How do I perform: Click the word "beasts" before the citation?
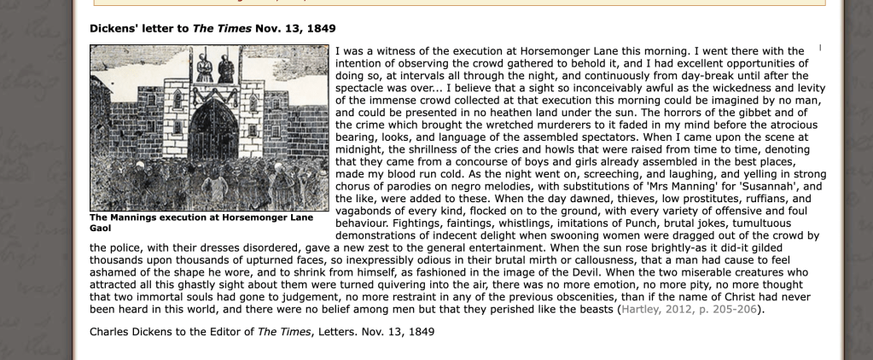click(x=591, y=309)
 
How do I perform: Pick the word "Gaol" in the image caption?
click(x=102, y=229)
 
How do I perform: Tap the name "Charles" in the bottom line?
click(x=113, y=331)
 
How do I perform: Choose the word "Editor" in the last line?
click(x=230, y=331)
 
